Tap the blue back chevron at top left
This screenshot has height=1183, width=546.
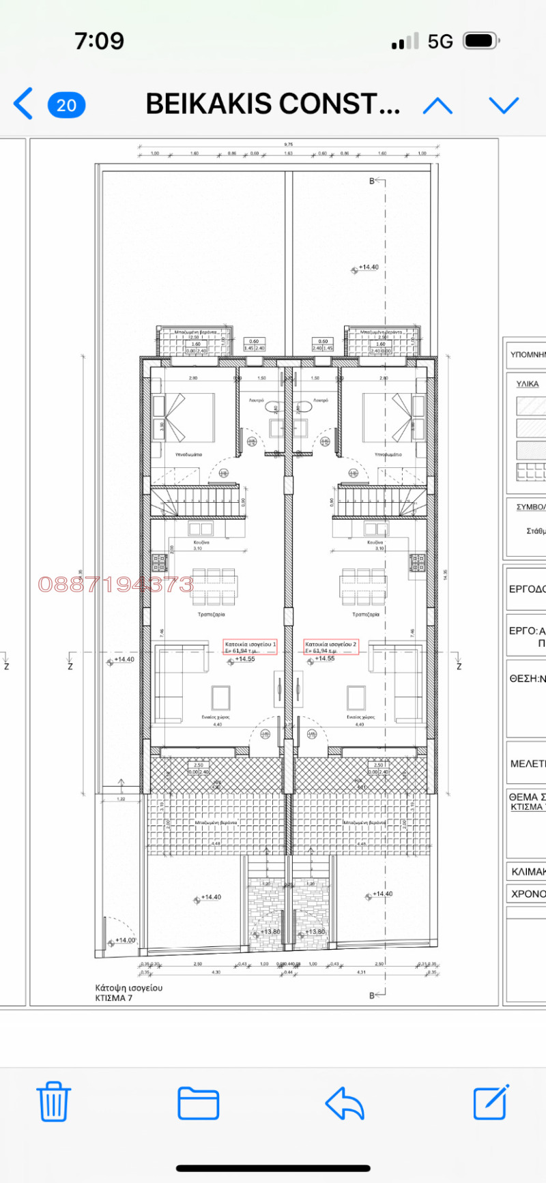click(23, 104)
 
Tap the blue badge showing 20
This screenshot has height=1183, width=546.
click(66, 105)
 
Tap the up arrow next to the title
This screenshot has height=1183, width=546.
click(437, 105)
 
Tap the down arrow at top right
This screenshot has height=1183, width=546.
click(504, 105)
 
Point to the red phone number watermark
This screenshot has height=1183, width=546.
click(116, 585)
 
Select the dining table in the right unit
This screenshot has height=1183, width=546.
click(363, 587)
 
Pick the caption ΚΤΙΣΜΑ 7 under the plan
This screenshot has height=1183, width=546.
click(114, 998)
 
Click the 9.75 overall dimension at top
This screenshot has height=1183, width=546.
click(288, 145)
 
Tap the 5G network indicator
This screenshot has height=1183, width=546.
click(440, 42)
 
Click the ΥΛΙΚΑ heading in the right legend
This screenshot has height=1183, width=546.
click(527, 384)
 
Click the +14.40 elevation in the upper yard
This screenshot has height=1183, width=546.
click(368, 267)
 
